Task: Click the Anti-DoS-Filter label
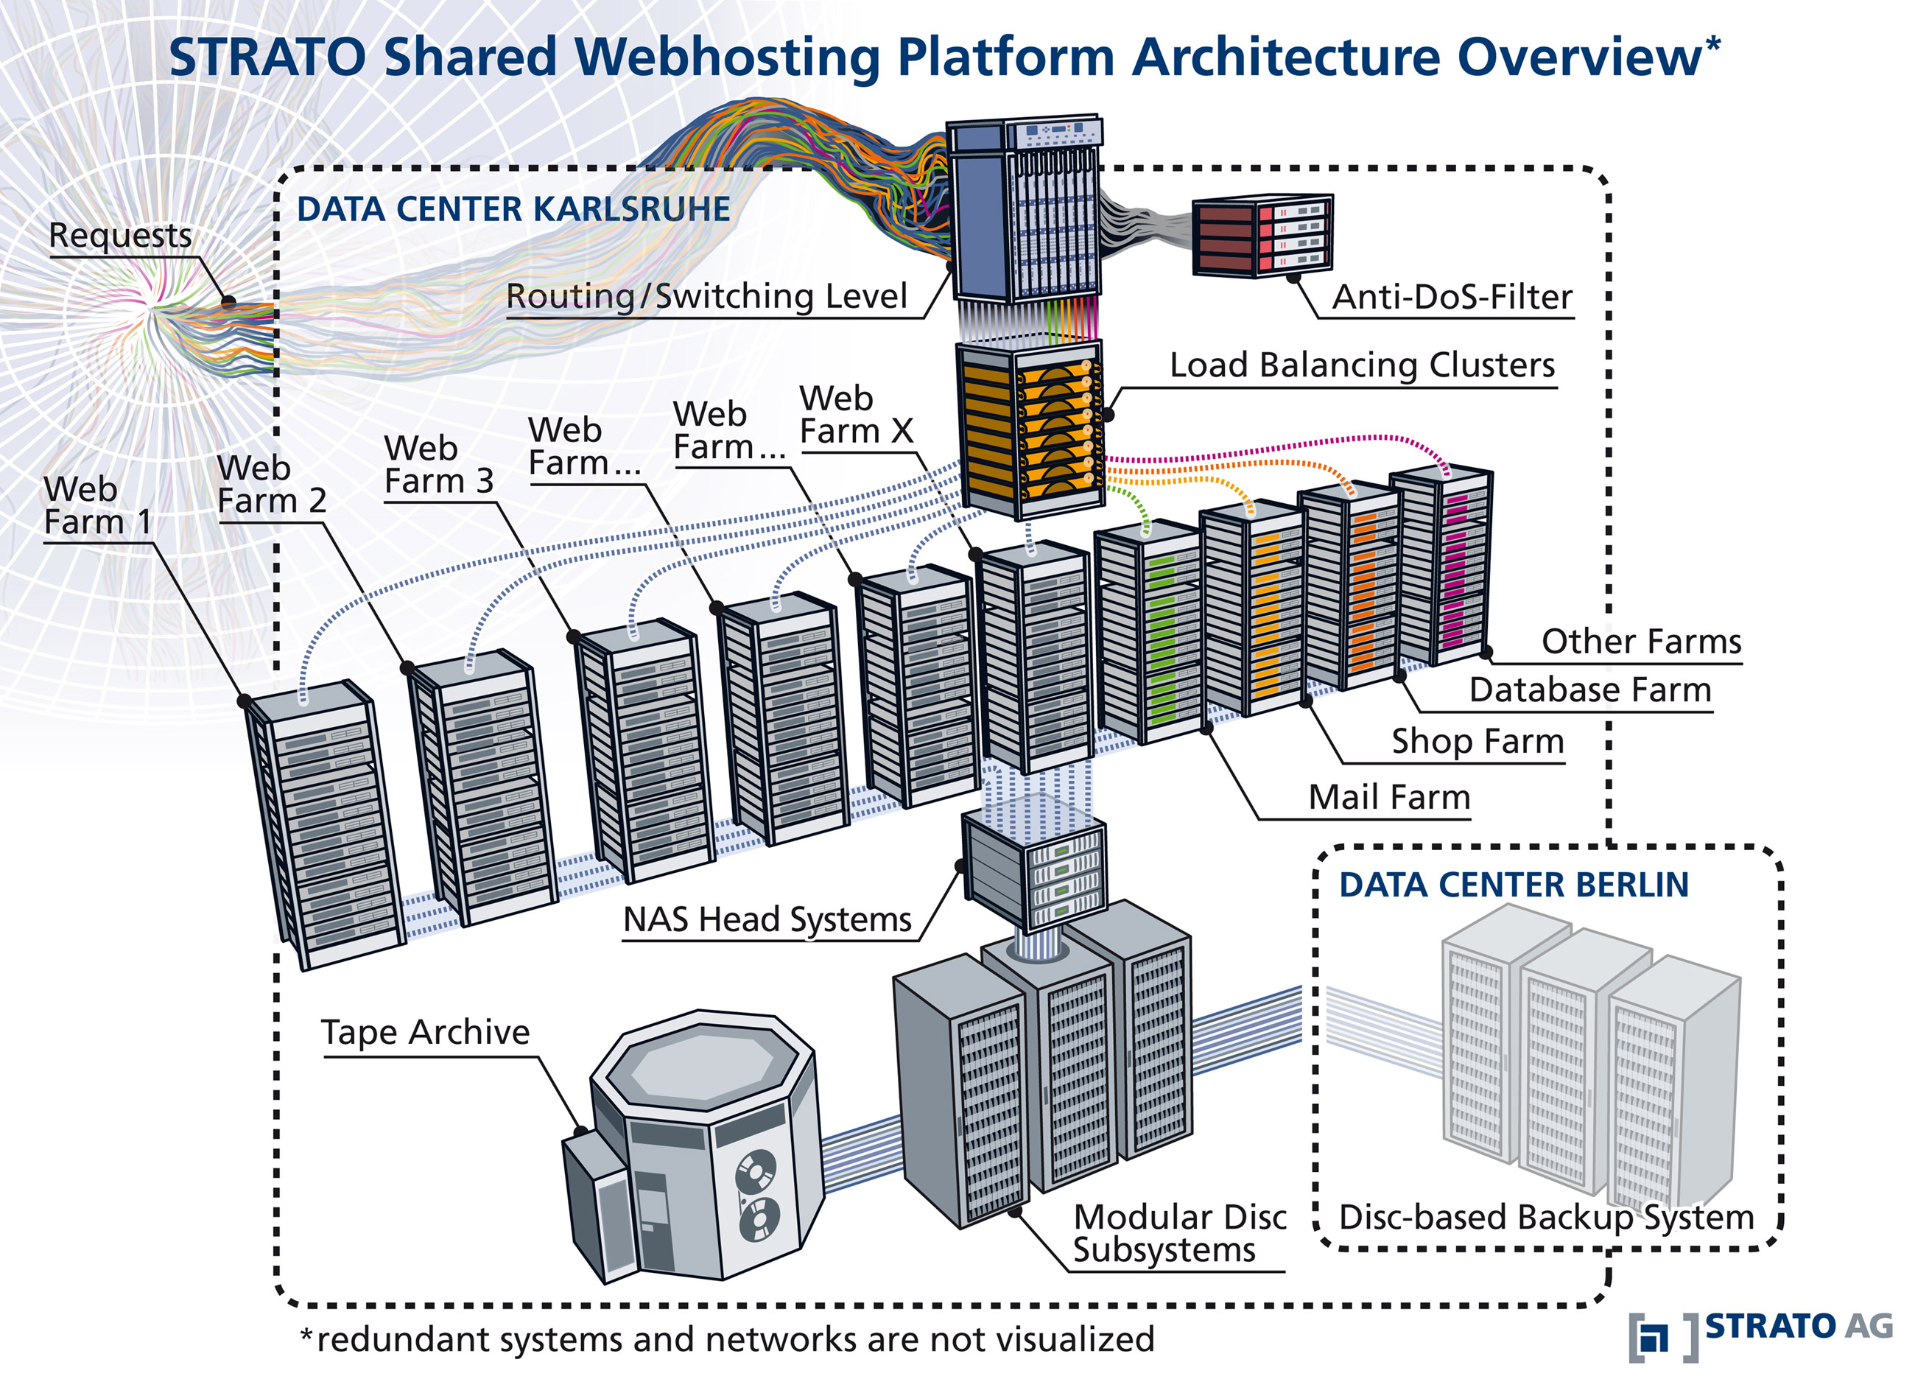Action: click(x=1452, y=298)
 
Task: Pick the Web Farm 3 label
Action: click(x=438, y=464)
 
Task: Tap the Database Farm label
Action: click(x=1590, y=690)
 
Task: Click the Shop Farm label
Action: click(x=1477, y=742)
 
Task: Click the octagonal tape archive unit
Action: click(x=700, y=1148)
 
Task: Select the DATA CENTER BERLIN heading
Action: click(x=1513, y=885)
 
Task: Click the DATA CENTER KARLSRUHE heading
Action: click(x=513, y=209)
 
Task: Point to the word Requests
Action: click(x=120, y=236)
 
